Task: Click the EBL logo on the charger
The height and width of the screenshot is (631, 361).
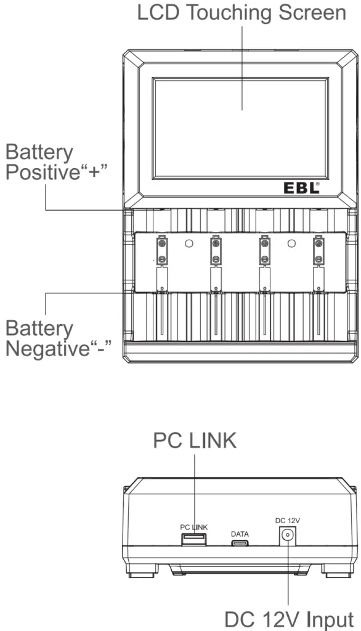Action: (x=301, y=188)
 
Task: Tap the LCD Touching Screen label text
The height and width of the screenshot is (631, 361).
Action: (x=241, y=12)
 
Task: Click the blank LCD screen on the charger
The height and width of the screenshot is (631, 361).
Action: (x=240, y=128)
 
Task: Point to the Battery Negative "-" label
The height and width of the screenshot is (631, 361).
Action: (x=59, y=339)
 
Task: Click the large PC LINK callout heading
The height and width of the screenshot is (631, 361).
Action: (x=195, y=441)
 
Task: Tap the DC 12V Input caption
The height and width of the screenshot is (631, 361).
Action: (x=289, y=620)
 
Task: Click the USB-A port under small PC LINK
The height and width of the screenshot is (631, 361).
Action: (x=194, y=539)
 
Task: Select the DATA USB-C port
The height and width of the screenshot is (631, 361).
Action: (x=240, y=543)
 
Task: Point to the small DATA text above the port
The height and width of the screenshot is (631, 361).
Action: (x=240, y=534)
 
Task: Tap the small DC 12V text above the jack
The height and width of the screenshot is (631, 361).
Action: (x=287, y=520)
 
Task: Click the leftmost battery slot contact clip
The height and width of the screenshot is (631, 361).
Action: (x=161, y=251)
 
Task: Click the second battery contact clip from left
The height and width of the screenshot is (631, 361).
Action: (x=216, y=251)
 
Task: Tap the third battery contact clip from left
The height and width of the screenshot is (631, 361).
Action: (x=264, y=251)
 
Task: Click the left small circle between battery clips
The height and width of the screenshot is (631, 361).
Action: (x=189, y=243)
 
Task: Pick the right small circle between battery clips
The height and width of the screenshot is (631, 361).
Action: (x=292, y=243)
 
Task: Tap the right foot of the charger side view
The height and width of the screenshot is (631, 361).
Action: (x=339, y=569)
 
